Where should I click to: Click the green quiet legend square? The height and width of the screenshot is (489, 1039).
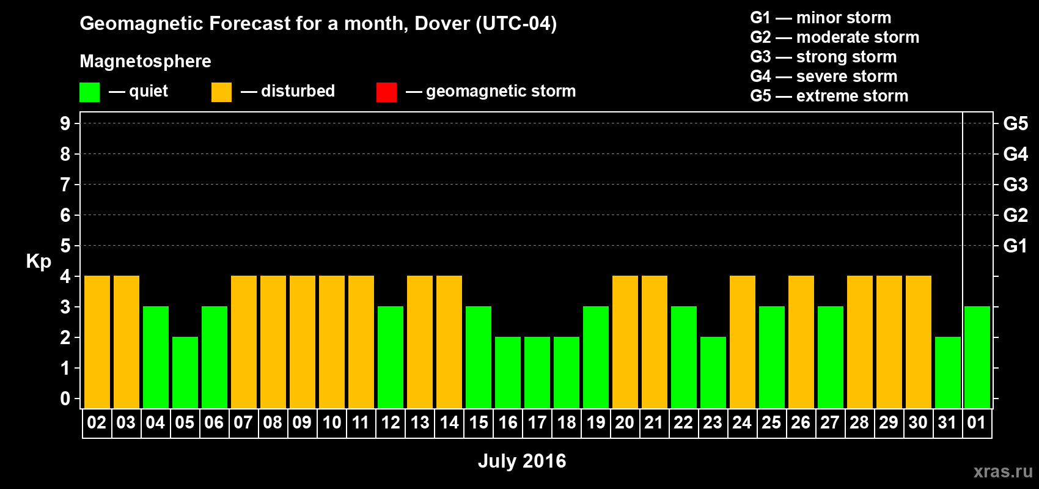click(90, 92)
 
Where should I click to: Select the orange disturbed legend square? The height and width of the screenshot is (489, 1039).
click(221, 92)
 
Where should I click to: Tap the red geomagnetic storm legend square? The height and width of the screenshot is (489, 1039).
click(386, 92)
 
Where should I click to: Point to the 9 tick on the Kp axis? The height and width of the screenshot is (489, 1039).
click(65, 123)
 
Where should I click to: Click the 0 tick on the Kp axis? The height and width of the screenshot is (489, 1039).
click(65, 399)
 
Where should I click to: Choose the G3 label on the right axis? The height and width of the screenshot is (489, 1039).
click(1015, 185)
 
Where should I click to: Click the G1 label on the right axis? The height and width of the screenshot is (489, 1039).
click(1015, 246)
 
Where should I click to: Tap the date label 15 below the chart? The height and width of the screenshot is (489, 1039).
click(479, 422)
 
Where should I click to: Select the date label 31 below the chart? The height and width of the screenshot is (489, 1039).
click(947, 422)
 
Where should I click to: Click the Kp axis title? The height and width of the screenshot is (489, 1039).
click(39, 262)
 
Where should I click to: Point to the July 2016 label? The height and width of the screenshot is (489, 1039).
click(522, 461)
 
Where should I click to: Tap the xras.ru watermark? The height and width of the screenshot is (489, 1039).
click(1003, 471)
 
